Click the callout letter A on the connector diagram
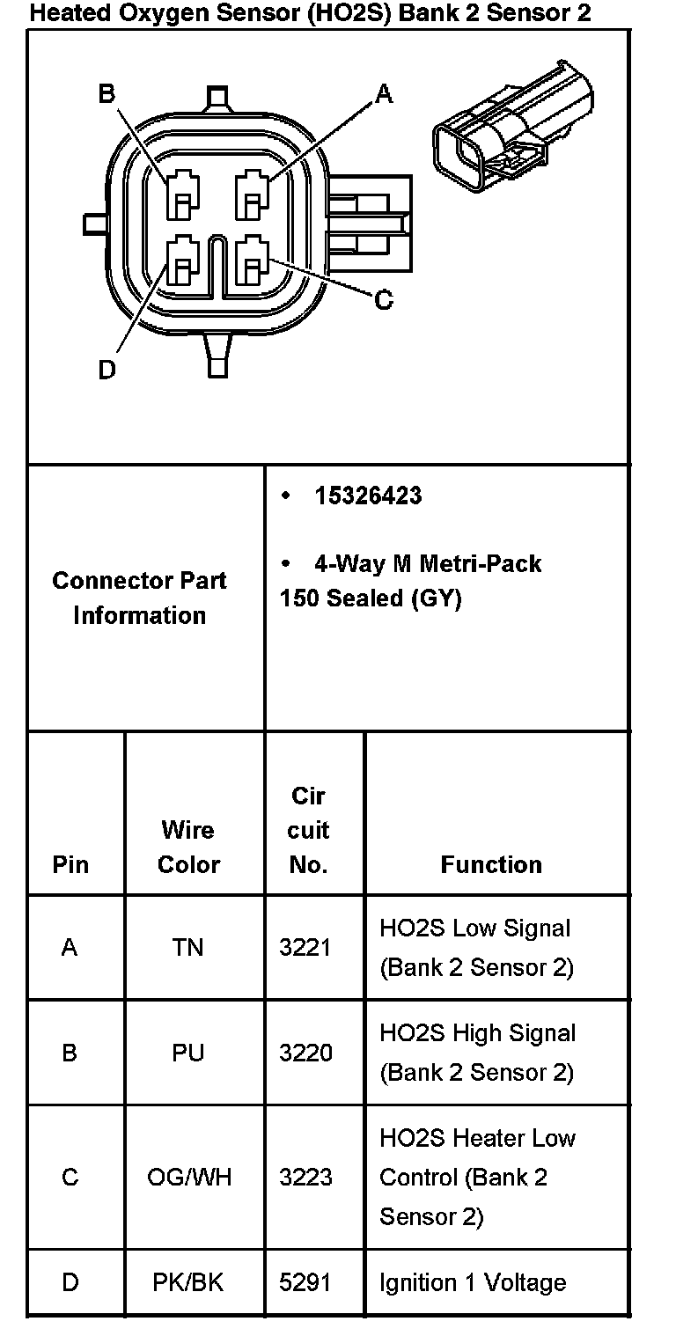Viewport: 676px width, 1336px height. pyautogui.click(x=384, y=93)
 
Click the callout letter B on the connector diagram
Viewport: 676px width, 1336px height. pyautogui.click(x=107, y=93)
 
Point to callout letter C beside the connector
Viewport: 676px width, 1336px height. pyautogui.click(x=384, y=300)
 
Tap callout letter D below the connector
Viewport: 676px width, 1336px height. pyautogui.click(x=107, y=371)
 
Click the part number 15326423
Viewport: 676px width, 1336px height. pyautogui.click(x=368, y=496)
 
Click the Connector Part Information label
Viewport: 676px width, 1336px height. pyautogui.click(x=139, y=598)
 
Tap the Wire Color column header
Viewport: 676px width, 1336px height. pyautogui.click(x=188, y=847)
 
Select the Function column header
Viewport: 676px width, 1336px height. pyautogui.click(x=491, y=864)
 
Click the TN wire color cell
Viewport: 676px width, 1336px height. pyautogui.click(x=187, y=947)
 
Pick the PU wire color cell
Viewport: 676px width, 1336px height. pyautogui.click(x=187, y=1052)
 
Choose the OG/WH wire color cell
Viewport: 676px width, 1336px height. pyautogui.click(x=189, y=1177)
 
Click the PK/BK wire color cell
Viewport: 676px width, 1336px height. pyautogui.click(x=188, y=1282)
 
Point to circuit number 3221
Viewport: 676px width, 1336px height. pyautogui.click(x=305, y=947)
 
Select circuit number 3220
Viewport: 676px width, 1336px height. pyautogui.click(x=305, y=1052)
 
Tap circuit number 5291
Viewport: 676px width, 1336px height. pyautogui.click(x=305, y=1282)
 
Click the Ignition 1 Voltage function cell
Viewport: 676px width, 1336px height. pyautogui.click(x=473, y=1282)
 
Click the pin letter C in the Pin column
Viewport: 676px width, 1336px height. pyautogui.click(x=70, y=1177)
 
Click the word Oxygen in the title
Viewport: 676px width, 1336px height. pyautogui.click(x=147, y=13)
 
